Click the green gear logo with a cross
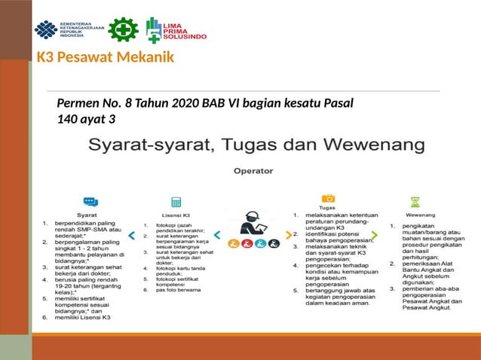(123, 29)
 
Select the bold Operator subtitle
(253, 171)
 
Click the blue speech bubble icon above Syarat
(90, 201)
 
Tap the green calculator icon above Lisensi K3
(176, 202)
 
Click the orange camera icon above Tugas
(328, 198)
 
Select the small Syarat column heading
(90, 215)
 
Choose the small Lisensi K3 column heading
(176, 215)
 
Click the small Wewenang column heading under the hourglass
(415, 215)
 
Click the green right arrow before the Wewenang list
(375, 235)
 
